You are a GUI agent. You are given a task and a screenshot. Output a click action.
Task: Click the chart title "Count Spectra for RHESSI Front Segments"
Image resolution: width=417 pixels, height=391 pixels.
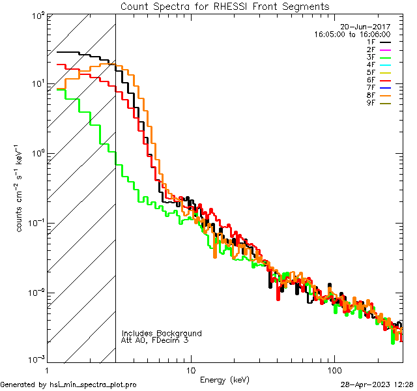click(x=225, y=6)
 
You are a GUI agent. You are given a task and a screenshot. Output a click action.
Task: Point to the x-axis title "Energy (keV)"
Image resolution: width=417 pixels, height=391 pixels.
click(x=225, y=379)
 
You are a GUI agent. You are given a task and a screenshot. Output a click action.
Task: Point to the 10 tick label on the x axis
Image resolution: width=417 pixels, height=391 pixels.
click(x=190, y=369)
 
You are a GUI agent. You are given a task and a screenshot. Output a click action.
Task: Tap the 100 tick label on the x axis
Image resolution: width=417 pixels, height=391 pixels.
click(x=334, y=369)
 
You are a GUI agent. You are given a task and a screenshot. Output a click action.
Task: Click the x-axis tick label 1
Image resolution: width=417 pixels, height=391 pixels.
click(x=48, y=369)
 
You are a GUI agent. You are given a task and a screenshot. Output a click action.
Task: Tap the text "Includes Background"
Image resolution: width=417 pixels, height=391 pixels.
click(x=162, y=333)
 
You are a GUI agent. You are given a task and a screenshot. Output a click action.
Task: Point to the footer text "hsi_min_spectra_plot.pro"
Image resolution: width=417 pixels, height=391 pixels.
click(x=93, y=385)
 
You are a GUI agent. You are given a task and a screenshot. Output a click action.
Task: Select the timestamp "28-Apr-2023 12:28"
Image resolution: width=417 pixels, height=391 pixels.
click(x=377, y=385)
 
